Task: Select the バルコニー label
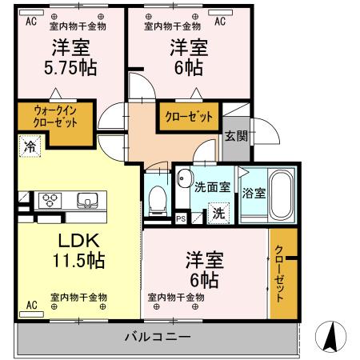157,336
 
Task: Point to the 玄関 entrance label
235,136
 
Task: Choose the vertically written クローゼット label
279,273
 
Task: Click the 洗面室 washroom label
212,187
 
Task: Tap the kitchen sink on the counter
86,200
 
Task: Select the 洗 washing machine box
217,214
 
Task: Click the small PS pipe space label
181,216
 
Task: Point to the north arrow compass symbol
330,335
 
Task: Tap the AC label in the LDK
32,306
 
